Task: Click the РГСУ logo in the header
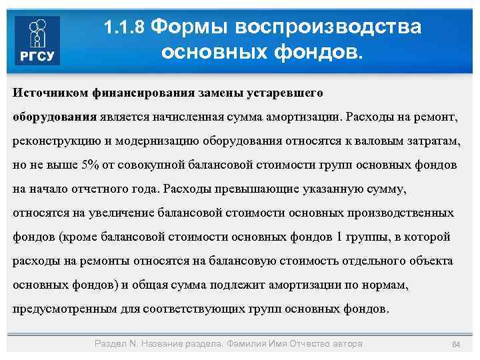coord(37,41)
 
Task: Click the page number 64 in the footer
coord(456,344)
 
